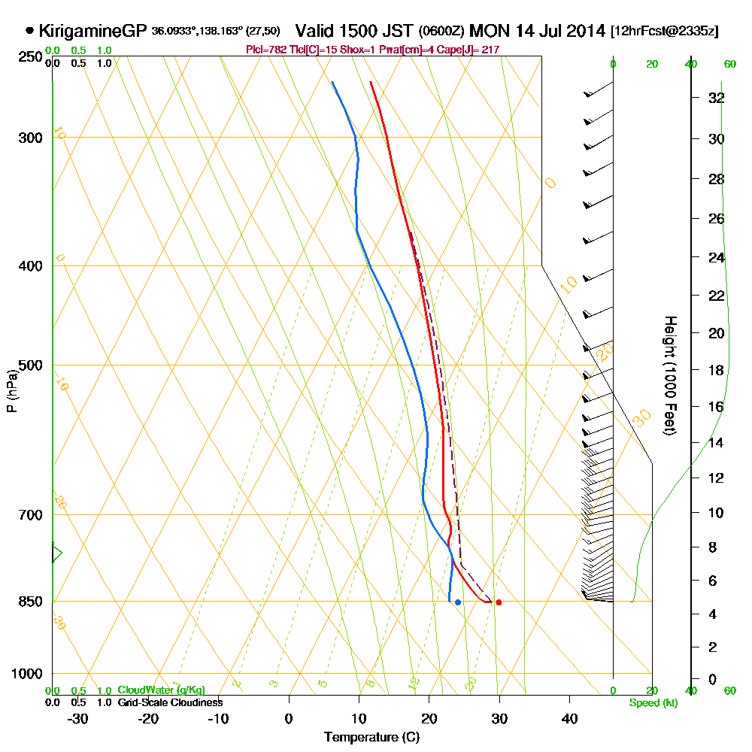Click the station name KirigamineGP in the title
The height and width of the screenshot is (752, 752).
tap(92, 32)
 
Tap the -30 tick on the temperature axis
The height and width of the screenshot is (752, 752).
tap(78, 718)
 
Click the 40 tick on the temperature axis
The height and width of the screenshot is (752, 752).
tap(569, 718)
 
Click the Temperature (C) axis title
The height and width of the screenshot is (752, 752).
tap(371, 738)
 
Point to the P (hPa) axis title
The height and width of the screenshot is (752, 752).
tap(11, 390)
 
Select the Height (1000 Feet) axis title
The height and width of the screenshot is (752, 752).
tap(669, 375)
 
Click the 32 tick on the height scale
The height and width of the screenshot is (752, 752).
tap(716, 98)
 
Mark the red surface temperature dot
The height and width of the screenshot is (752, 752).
tap(499, 602)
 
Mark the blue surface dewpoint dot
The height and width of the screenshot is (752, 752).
tap(457, 602)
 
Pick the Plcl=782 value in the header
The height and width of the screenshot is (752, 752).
tap(266, 50)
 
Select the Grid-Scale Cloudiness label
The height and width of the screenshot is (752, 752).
tap(170, 702)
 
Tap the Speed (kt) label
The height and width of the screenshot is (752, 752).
tap(651, 702)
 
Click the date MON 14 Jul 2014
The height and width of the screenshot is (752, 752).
tap(538, 32)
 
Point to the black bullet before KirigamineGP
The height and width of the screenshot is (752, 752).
tap(29, 32)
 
